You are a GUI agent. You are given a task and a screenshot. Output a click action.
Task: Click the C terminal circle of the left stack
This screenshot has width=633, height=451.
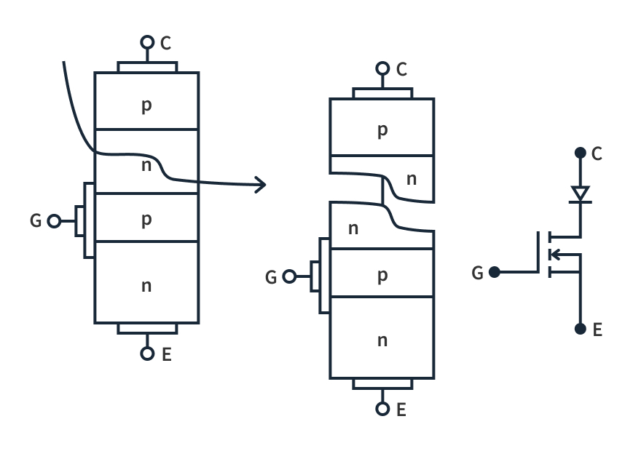147,42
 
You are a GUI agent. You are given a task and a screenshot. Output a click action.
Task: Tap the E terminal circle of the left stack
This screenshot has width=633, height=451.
147,354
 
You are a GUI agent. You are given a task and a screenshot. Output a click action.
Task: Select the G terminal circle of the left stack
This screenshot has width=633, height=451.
54,221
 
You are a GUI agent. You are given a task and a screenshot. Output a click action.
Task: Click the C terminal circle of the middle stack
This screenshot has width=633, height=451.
382,68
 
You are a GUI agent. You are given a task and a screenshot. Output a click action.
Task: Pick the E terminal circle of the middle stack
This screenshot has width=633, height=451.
382,409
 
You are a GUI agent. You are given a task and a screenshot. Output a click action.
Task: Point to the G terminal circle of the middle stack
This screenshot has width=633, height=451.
289,276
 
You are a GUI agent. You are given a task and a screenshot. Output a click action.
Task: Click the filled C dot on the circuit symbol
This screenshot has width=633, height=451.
580,153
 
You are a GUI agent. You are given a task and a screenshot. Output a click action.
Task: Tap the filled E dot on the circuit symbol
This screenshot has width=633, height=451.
580,329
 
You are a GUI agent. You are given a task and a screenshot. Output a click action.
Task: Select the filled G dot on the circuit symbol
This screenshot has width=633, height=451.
495,272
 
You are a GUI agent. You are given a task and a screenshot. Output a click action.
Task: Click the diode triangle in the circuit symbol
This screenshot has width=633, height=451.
580,193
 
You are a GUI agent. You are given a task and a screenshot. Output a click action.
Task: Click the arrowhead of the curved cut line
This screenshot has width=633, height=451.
260,185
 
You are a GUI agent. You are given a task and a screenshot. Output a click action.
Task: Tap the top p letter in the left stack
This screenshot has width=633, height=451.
146,105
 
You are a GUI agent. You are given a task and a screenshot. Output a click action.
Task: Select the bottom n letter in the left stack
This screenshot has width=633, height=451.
146,285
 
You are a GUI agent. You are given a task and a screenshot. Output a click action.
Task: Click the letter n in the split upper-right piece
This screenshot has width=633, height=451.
412,178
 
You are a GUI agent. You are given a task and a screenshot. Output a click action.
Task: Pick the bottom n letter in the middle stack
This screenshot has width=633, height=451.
382,340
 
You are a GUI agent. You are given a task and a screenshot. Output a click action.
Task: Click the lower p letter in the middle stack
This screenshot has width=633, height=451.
382,276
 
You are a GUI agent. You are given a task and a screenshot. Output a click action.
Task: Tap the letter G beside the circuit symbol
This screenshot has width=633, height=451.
477,273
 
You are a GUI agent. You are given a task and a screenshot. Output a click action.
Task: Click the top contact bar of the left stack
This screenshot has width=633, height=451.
147,67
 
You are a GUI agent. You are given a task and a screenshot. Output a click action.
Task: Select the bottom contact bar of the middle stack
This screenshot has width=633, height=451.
382,383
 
